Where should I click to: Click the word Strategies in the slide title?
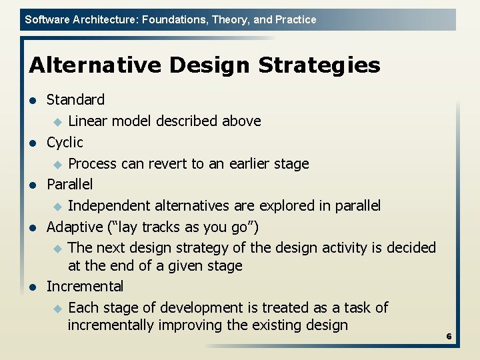click(319, 65)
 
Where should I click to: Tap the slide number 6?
click(449, 337)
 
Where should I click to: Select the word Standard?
click(75, 100)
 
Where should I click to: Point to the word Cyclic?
click(65, 142)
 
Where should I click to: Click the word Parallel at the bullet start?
click(69, 184)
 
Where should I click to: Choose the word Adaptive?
click(74, 227)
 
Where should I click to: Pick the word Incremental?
click(85, 287)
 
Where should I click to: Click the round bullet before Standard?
click(31, 101)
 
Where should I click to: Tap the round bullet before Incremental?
click(31, 287)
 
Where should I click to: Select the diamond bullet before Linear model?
click(57, 122)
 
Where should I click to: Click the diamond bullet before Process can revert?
click(57, 164)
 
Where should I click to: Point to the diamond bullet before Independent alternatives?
click(57, 206)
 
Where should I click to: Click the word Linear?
click(87, 121)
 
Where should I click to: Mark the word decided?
click(410, 248)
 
